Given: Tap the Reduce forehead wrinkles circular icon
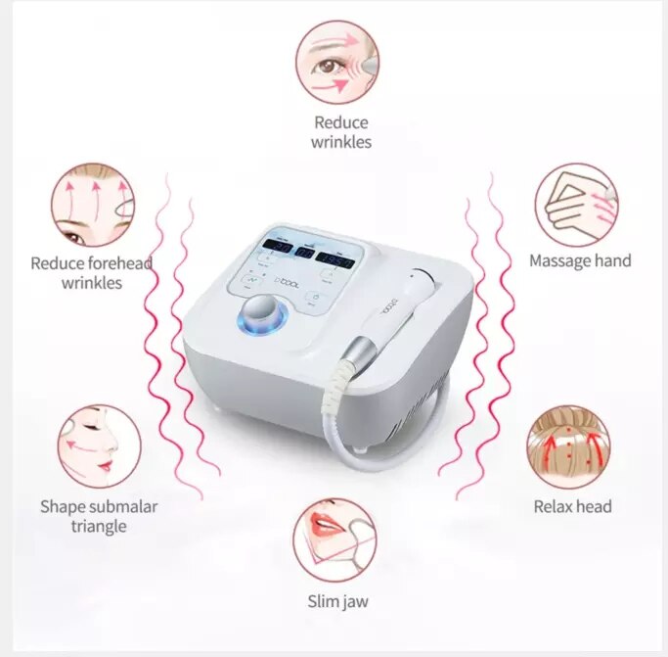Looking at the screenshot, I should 92,205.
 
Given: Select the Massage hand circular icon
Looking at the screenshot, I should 576,205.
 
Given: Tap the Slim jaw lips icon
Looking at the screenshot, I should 334,540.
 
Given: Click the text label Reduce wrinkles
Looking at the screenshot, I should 340,132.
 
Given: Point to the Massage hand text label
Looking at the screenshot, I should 580,260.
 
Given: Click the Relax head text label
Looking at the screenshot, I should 572,506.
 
